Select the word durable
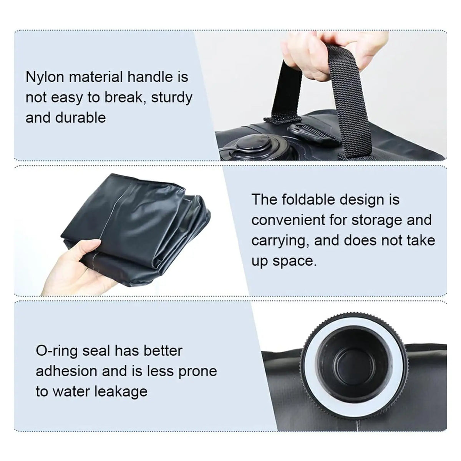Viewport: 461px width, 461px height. tap(80, 118)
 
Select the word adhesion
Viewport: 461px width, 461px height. tap(66, 371)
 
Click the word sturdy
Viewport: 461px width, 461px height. tap(171, 98)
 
